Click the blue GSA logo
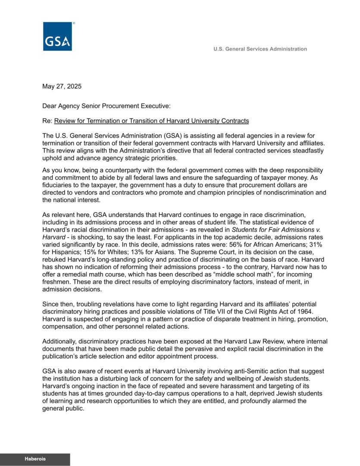click(x=57, y=36)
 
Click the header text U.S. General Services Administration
click(x=260, y=49)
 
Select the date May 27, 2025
click(x=62, y=86)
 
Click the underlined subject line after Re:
click(x=151, y=121)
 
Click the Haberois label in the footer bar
click(x=35, y=460)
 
